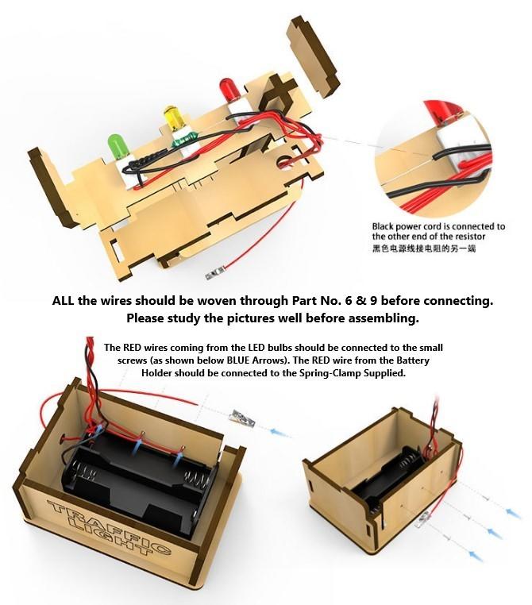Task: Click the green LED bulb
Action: point(118,146)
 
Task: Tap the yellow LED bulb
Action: point(174,118)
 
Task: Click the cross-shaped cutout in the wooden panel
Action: point(279,91)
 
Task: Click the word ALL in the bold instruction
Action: point(63,300)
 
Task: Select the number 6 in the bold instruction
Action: point(349,300)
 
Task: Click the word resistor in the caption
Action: point(470,236)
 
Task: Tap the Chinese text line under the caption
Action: point(423,248)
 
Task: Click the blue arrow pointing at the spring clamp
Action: point(280,432)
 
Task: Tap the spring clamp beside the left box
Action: point(242,418)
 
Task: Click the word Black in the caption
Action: point(383,226)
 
